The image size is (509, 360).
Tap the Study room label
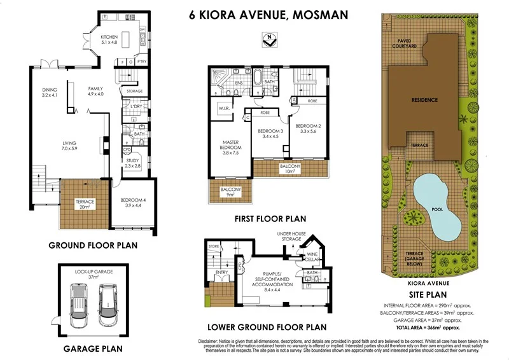click(x=133, y=163)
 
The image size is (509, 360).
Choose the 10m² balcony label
click(x=289, y=168)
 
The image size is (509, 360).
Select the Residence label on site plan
click(x=424, y=100)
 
